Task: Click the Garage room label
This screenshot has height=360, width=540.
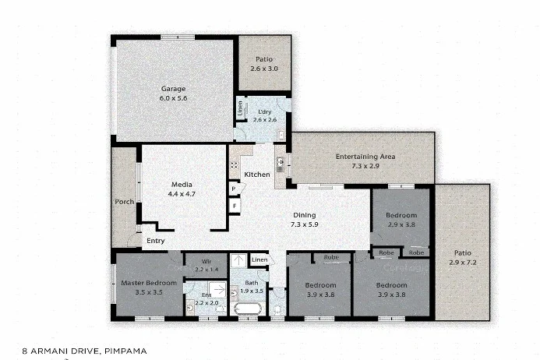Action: tap(173, 88)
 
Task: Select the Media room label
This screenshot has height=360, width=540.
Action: tap(182, 185)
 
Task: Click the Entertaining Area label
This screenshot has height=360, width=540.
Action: tap(365, 157)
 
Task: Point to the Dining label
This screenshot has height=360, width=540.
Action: tap(304, 215)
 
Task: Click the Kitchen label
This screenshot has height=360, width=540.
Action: tap(257, 175)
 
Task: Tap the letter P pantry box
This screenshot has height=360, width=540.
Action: tap(233, 189)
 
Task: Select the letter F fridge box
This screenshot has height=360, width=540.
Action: tap(233, 206)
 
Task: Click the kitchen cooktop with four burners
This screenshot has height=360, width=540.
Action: tap(233, 166)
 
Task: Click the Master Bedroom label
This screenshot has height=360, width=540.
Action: tap(147, 282)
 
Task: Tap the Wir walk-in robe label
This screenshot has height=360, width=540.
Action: tap(206, 261)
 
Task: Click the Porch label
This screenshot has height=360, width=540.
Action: tap(123, 202)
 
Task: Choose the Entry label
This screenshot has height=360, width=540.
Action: tap(155, 241)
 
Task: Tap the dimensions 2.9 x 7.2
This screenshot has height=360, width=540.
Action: tap(462, 263)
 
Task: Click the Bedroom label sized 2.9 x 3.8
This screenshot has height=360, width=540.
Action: tap(401, 215)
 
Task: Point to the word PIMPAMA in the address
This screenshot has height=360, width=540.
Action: tap(124, 351)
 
